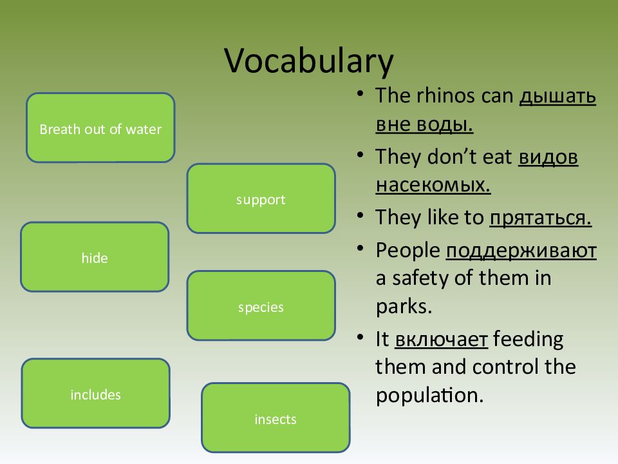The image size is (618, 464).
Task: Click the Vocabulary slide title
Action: click(x=308, y=61)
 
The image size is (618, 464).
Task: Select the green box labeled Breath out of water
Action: click(x=100, y=128)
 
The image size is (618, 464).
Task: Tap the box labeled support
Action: click(x=261, y=198)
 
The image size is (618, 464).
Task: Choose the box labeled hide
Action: click(x=95, y=257)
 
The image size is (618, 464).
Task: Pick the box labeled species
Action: click(x=261, y=305)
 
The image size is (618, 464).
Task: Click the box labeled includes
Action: click(x=96, y=393)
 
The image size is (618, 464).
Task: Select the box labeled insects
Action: click(x=276, y=418)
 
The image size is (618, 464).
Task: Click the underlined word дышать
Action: click(x=557, y=97)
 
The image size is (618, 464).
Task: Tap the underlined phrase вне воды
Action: click(x=424, y=124)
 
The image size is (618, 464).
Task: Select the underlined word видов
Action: click(x=548, y=157)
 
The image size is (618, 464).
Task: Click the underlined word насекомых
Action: click(x=433, y=185)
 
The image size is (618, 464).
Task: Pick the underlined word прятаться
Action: click(x=540, y=218)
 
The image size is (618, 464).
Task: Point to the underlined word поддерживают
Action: click(x=521, y=251)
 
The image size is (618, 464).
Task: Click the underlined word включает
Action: click(x=442, y=340)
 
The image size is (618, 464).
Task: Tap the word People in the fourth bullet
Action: click(x=408, y=251)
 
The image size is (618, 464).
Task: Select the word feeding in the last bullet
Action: click(x=528, y=340)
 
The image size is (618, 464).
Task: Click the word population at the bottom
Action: click(x=429, y=395)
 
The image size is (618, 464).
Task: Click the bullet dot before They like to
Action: click(x=360, y=215)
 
